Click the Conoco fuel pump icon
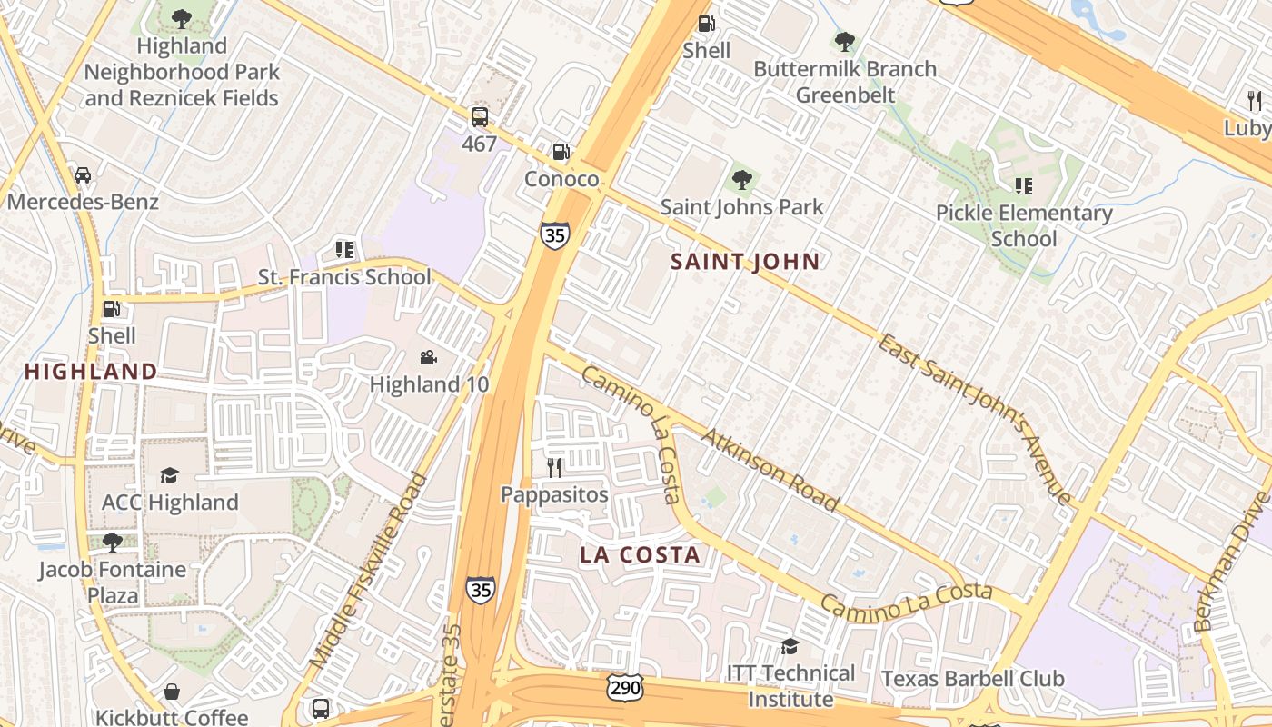[x=561, y=151]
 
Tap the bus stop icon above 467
[x=479, y=116]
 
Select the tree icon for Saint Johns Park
[x=742, y=179]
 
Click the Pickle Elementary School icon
[x=1024, y=186]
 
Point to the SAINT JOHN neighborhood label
[x=745, y=262]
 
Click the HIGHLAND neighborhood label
[x=91, y=371]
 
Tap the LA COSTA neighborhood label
[x=641, y=554]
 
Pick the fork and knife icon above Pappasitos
[x=554, y=467]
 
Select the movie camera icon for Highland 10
[x=429, y=358]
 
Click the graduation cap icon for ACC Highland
[x=169, y=475]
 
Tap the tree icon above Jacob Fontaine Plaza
[x=112, y=543]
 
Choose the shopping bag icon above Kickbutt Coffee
[x=171, y=692]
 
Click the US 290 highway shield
[x=626, y=688]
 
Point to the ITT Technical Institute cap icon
[x=790, y=646]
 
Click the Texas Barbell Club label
[x=972, y=679]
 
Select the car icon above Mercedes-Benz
[x=83, y=174]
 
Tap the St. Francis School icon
[x=343, y=249]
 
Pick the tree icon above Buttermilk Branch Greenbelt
[x=845, y=41]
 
